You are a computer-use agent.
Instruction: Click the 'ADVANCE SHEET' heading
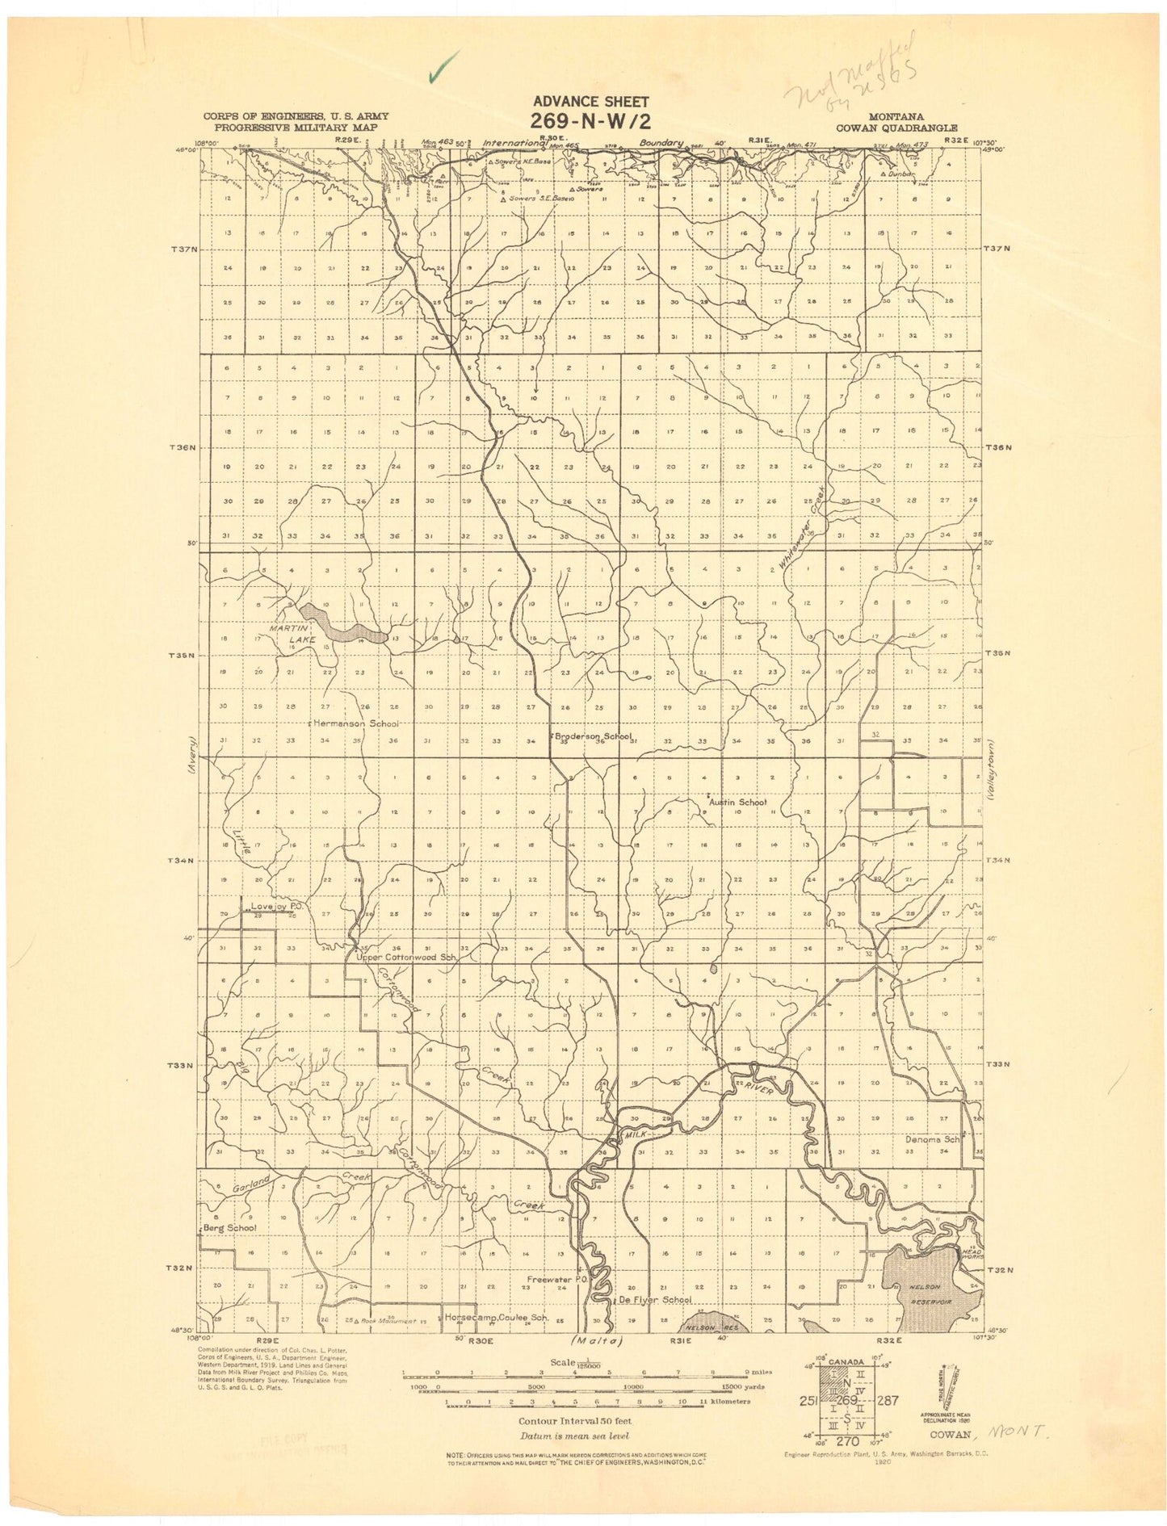[x=590, y=102]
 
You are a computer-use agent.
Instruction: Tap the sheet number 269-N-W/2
[x=590, y=121]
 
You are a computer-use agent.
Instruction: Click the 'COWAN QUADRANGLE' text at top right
[x=896, y=128]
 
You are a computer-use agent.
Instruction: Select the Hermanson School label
[x=355, y=723]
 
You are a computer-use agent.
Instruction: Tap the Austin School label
[x=738, y=803]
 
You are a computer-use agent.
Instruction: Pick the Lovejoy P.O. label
[x=276, y=907]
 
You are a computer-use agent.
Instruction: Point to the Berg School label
[x=229, y=1227]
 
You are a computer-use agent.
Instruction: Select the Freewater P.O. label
[x=556, y=1280]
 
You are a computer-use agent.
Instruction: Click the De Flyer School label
[x=655, y=1300]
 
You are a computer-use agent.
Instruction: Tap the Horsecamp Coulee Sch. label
[x=497, y=1318]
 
